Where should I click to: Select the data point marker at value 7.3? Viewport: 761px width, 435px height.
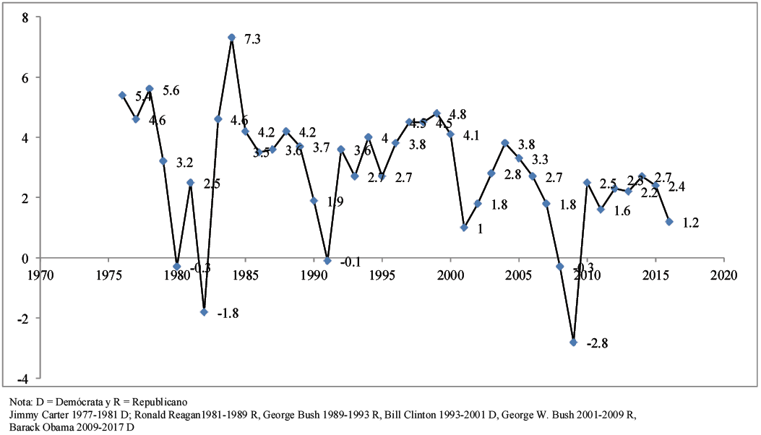tap(232, 38)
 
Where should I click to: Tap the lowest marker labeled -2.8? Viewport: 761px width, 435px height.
tap(573, 342)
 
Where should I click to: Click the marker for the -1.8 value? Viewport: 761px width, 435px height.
tap(205, 312)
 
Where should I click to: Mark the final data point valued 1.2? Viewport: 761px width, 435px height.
tap(669, 222)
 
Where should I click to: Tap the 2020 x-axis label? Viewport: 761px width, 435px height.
tap(723, 275)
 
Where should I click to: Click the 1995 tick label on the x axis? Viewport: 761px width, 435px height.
tap(382, 275)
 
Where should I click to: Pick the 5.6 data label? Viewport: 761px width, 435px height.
tap(171, 90)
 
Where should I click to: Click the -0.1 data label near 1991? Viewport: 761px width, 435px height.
tap(351, 262)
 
